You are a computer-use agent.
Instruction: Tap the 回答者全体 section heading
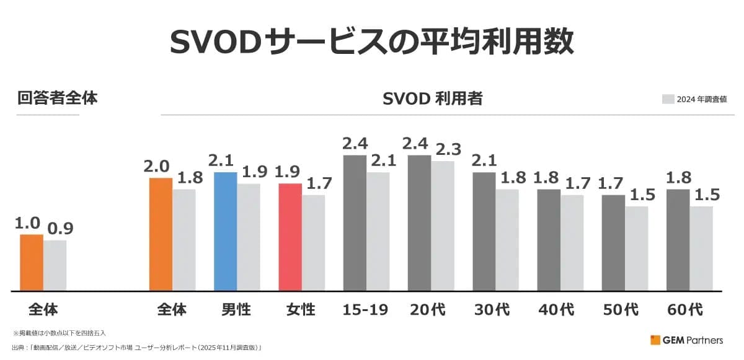pos(57,98)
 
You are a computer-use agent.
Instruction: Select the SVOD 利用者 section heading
pos(433,99)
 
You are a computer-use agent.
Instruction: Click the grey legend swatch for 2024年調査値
pos(668,99)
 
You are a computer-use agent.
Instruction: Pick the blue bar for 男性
pos(225,231)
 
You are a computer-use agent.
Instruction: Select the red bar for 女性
pos(290,237)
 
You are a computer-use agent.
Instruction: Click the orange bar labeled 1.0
pos(32,262)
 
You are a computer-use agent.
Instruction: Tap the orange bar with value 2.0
pos(161,234)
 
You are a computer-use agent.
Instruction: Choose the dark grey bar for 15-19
pos(355,222)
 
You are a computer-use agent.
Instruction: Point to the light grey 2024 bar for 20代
pos(443,226)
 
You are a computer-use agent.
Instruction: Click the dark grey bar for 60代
pos(678,240)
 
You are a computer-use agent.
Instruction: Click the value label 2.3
pos(447,149)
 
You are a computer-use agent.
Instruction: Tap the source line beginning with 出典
pos(136,348)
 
